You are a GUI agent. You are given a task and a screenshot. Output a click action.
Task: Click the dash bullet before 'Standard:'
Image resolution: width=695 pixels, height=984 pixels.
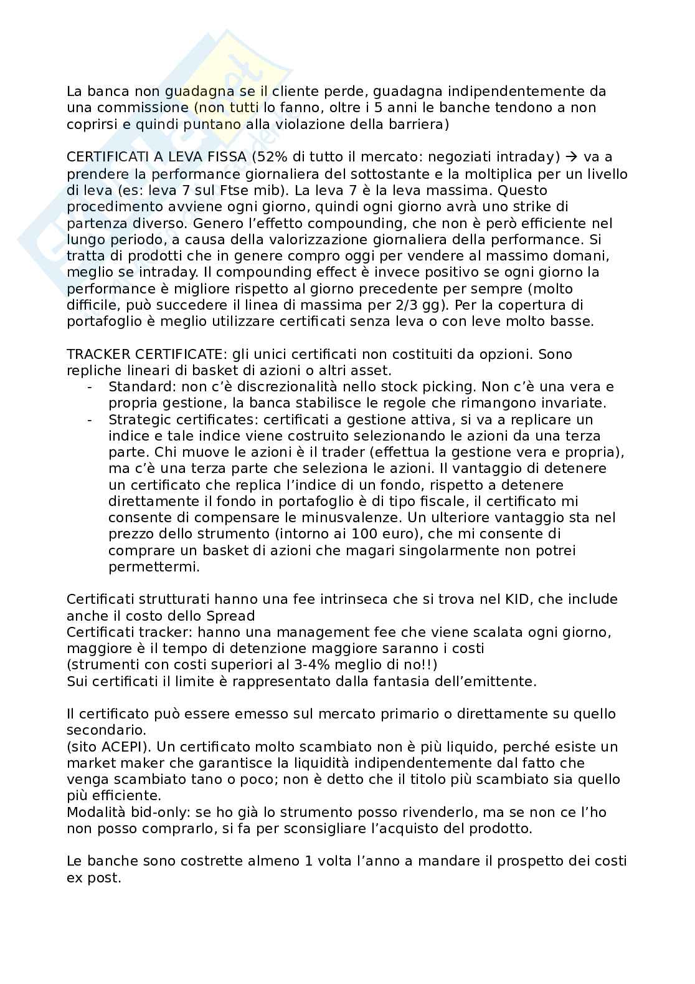(91, 387)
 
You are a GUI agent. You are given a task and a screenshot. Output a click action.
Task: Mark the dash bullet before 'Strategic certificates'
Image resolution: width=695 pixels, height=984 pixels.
(91, 419)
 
